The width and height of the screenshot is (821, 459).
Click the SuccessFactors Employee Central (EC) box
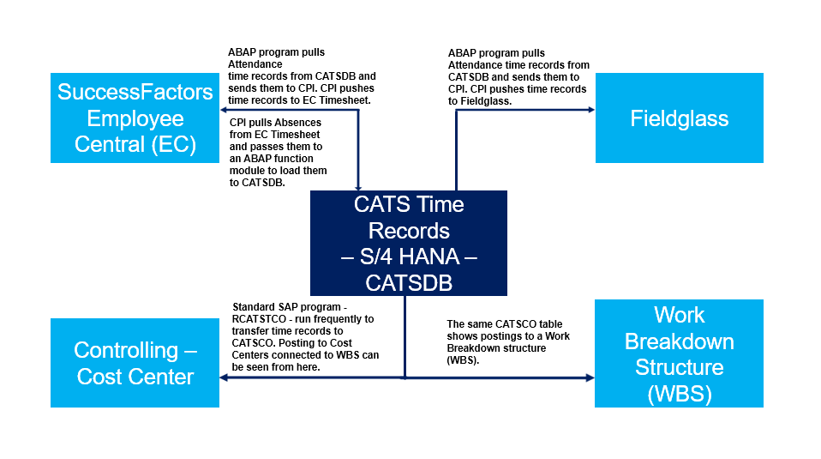point(135,118)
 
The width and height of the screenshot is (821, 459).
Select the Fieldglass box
point(679,118)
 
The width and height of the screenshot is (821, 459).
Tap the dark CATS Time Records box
point(408,243)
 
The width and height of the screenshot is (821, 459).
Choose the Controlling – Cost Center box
point(135,362)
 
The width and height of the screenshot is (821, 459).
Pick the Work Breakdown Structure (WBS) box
point(679,353)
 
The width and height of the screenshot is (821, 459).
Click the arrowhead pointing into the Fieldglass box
point(590,110)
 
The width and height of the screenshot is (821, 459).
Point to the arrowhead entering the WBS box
point(590,377)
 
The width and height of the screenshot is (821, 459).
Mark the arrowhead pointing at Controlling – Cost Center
point(225,377)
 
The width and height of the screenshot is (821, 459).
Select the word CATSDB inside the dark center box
point(408,282)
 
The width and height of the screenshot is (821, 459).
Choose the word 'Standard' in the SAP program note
point(255,306)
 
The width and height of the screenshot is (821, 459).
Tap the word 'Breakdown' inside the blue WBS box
point(679,341)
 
